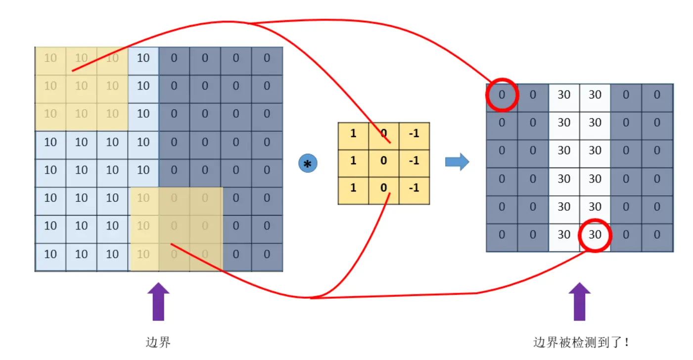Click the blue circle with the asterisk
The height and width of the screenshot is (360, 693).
tap(308, 163)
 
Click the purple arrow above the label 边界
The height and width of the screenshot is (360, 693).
tap(158, 302)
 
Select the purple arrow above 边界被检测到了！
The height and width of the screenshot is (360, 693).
tap(579, 302)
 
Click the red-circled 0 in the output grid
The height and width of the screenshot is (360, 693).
tap(502, 94)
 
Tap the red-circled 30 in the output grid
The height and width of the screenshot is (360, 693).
tap(595, 235)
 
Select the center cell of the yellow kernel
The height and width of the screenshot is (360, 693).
tap(384, 161)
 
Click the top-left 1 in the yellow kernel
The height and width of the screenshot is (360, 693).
tap(353, 134)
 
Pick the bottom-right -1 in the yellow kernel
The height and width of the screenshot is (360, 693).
tap(414, 188)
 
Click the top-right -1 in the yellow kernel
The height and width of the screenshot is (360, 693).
tap(414, 134)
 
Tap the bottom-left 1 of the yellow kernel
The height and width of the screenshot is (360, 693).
tap(353, 188)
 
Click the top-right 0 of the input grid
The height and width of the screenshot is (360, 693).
tap(267, 58)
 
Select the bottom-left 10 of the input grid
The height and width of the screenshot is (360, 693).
tap(50, 254)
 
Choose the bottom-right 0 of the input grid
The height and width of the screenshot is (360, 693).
tap(267, 254)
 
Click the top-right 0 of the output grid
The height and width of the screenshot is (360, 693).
tap(657, 94)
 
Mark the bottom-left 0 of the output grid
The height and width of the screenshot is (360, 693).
tap(502, 235)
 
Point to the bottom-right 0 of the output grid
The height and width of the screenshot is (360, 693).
tap(657, 235)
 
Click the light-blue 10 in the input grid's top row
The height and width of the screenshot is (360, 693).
tap(143, 58)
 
